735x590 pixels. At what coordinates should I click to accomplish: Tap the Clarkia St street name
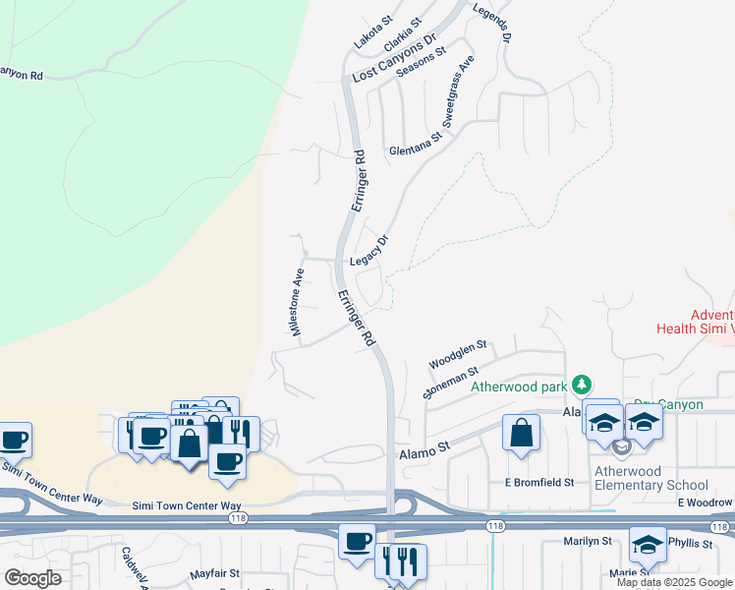coord(403,34)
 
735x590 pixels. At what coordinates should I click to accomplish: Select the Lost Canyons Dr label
coord(393,61)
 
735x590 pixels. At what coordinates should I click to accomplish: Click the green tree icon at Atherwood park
coord(583,383)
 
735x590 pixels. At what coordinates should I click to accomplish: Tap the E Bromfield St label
coord(538,483)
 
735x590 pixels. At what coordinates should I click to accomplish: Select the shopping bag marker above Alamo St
coord(521,434)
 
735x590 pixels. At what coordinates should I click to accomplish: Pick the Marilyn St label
coord(588,542)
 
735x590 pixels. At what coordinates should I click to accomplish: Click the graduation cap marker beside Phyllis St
coord(648,545)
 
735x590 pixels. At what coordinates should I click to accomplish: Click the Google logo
coord(32,579)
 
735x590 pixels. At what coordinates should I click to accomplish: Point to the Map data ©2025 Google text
coord(674,582)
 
